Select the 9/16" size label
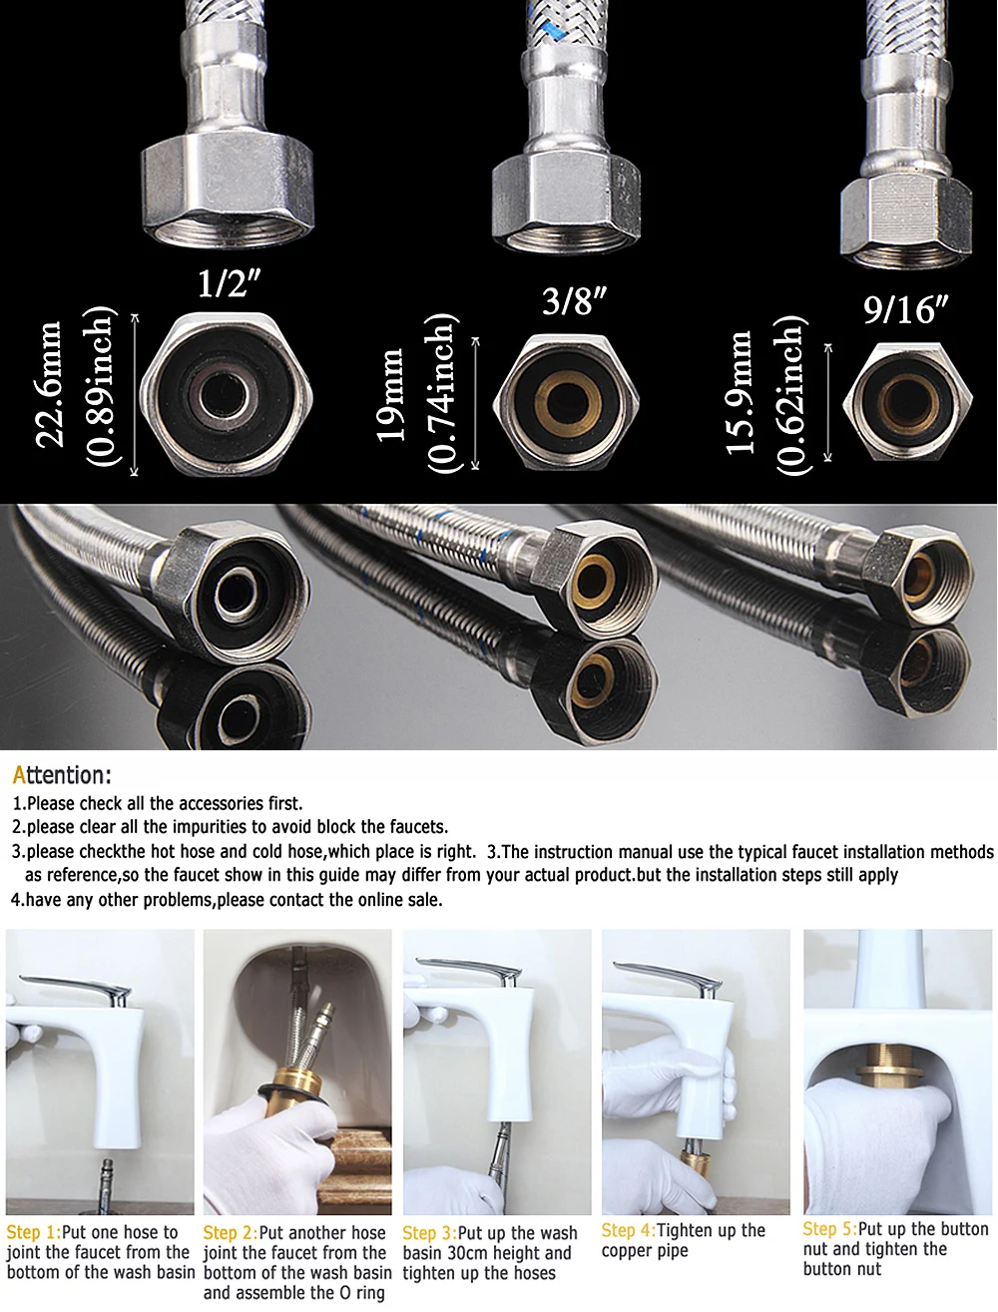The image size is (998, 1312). [x=905, y=309]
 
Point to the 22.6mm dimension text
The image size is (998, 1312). [x=48, y=385]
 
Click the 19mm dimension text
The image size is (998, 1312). [x=389, y=395]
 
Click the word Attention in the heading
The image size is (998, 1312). [x=61, y=774]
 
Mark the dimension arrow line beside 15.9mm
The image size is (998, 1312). [x=827, y=402]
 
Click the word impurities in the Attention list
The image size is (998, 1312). [x=208, y=827]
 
